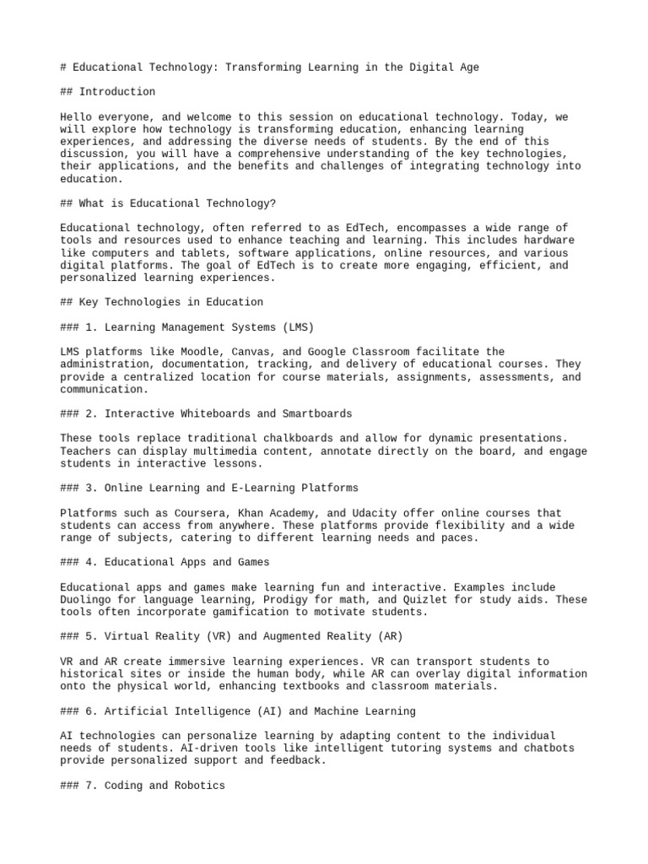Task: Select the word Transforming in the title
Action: tap(262, 67)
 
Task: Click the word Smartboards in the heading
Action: tap(316, 413)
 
